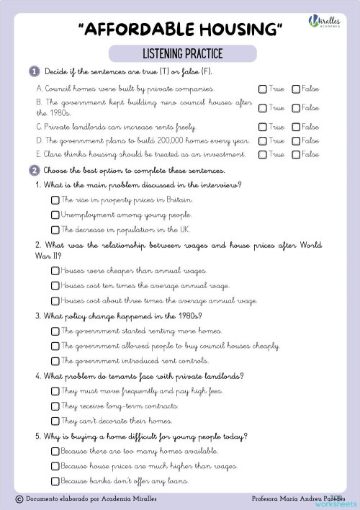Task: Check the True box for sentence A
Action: coord(263,89)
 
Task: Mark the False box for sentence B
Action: coord(296,108)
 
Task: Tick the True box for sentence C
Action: coord(263,127)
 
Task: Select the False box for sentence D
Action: coord(296,141)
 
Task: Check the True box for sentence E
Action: coord(263,155)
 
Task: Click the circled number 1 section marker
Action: coord(35,72)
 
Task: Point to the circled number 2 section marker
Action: coord(35,171)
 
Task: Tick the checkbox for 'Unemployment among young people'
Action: coord(55,215)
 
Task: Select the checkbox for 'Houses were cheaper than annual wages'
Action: coord(55,271)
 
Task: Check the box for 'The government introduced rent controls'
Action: coord(55,360)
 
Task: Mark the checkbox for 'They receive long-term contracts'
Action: coord(55,406)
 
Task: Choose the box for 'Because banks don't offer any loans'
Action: coord(55,480)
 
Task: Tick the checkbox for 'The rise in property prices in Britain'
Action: coord(55,200)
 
